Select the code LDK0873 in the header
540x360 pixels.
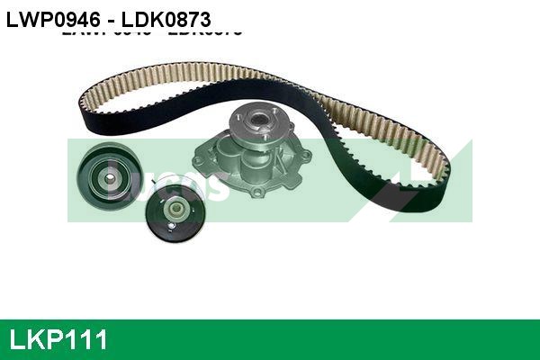(163, 17)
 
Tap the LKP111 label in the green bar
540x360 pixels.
(58, 340)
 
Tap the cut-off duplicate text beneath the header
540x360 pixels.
(153, 32)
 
